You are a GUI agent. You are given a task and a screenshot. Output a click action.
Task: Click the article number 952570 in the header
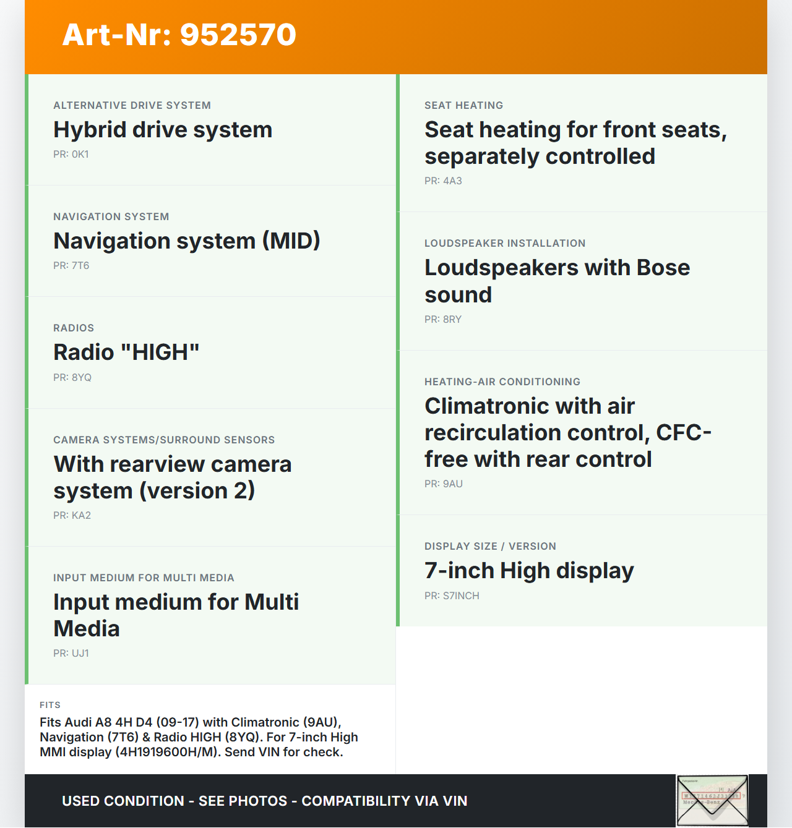coord(238,35)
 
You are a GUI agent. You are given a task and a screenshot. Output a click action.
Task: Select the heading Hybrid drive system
coord(163,130)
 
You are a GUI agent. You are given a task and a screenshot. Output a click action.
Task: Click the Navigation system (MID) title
coord(187,241)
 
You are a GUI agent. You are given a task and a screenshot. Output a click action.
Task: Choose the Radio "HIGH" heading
coord(126,352)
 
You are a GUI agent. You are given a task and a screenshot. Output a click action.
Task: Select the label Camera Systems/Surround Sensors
coord(164,440)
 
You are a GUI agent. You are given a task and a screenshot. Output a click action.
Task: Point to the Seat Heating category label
coord(463,106)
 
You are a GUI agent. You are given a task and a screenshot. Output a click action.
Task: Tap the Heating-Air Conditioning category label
coord(502,382)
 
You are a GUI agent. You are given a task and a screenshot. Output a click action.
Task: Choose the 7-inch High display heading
coord(529,571)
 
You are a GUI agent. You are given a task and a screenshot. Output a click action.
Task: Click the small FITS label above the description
coord(50,705)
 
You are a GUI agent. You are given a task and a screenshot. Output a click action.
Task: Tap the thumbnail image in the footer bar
coord(712,801)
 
